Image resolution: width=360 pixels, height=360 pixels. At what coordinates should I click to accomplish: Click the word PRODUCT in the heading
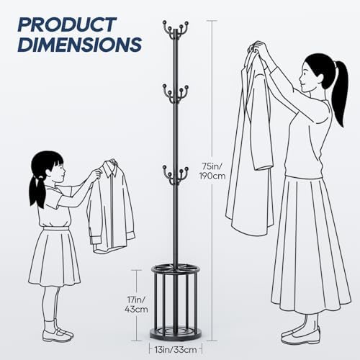pyautogui.click(x=67, y=24)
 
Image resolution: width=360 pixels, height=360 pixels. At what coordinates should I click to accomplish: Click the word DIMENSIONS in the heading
pyautogui.click(x=80, y=45)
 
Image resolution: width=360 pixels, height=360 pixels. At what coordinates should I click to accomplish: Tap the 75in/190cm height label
pyautogui.click(x=212, y=171)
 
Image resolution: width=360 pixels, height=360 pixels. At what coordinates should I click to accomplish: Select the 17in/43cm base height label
pyautogui.click(x=136, y=305)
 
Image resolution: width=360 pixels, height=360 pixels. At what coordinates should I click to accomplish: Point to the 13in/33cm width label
pyautogui.click(x=176, y=350)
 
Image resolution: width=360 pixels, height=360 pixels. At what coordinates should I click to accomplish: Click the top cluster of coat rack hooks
pyautogui.click(x=176, y=30)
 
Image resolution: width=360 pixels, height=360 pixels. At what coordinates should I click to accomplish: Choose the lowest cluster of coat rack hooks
pyautogui.click(x=176, y=175)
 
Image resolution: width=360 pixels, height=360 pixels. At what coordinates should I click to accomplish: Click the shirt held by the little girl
pyautogui.click(x=111, y=207)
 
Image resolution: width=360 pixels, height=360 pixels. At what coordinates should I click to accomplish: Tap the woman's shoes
pyautogui.click(x=301, y=333)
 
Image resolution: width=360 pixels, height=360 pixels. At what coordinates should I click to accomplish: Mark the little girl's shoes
pyautogui.click(x=58, y=335)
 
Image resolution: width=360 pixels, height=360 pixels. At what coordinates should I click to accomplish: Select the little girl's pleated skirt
pyautogui.click(x=54, y=257)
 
